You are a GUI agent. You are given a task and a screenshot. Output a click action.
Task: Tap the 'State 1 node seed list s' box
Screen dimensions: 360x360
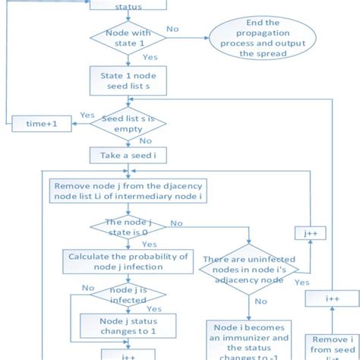[128, 81]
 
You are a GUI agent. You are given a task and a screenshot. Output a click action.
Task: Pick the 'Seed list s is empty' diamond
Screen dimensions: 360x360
[128, 124]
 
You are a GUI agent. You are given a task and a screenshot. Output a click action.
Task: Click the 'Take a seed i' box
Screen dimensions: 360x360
[128, 156]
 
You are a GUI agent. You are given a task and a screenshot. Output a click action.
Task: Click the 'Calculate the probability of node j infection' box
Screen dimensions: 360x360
[128, 261]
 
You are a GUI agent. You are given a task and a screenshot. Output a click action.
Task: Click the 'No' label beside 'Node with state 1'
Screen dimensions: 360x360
[173, 29]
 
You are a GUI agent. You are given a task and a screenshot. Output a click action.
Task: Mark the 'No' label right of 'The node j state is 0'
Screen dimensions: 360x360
[176, 223]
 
